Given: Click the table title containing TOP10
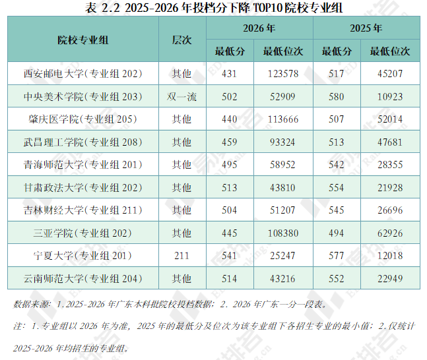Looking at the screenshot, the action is pyautogui.click(x=214, y=8).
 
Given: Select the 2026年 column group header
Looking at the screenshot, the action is pyautogui.click(x=259, y=28).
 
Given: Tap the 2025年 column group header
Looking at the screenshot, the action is pyautogui.click(x=366, y=28).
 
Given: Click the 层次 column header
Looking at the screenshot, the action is pyautogui.click(x=182, y=40).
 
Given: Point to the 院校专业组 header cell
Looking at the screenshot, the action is pyautogui.click(x=83, y=40).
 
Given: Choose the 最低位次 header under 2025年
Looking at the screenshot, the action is pyautogui.click(x=390, y=51).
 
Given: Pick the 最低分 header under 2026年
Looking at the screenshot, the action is pyautogui.click(x=230, y=51).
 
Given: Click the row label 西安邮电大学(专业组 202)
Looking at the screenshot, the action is pyautogui.click(x=83, y=74).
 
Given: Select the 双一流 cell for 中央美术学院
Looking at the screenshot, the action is pyautogui.click(x=182, y=97).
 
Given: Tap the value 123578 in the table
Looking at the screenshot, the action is pyautogui.click(x=283, y=74).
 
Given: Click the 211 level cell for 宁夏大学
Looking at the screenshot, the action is pyautogui.click(x=182, y=256).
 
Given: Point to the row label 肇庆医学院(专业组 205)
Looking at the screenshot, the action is pyautogui.click(x=83, y=119).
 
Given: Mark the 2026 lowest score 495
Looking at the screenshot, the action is pyautogui.click(x=230, y=165).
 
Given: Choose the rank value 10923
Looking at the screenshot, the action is pyautogui.click(x=390, y=97).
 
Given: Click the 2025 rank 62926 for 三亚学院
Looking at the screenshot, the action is pyautogui.click(x=390, y=233).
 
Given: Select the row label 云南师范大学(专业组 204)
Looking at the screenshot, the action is pyautogui.click(x=83, y=279).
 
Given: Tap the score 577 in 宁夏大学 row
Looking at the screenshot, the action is pyautogui.click(x=337, y=256).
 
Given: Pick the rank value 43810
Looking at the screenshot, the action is pyautogui.click(x=282, y=188).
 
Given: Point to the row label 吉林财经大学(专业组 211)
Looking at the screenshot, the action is pyautogui.click(x=83, y=210).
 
